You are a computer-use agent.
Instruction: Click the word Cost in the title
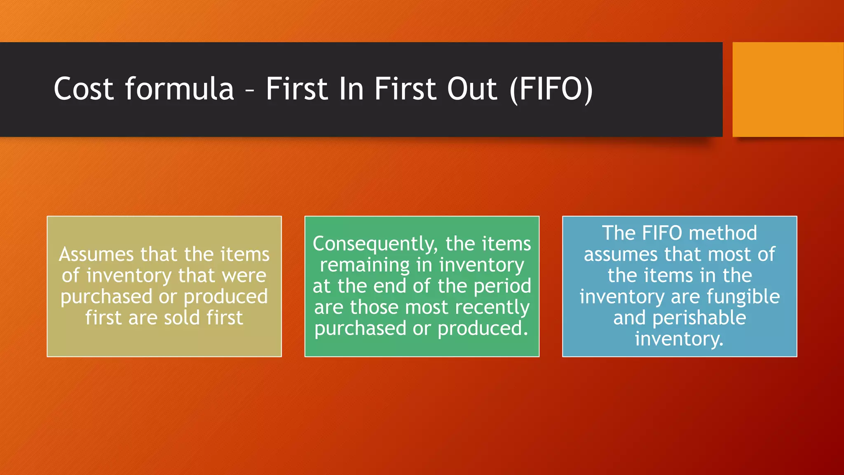click(x=84, y=89)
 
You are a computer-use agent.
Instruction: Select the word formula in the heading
click(x=179, y=89)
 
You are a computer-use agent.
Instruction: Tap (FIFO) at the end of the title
click(x=551, y=89)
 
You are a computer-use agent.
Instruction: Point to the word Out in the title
click(x=472, y=89)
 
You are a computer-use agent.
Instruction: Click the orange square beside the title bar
click(x=788, y=89)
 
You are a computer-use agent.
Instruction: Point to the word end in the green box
click(x=389, y=286)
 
